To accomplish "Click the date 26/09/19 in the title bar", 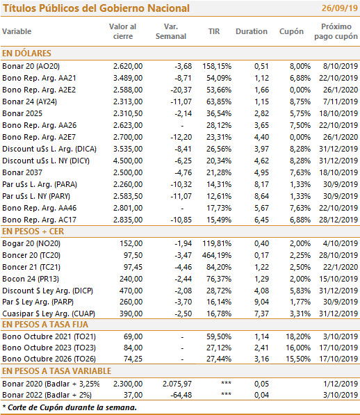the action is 340,8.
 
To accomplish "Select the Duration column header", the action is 252,31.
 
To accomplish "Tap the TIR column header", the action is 214,31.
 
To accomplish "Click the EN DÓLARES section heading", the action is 26,54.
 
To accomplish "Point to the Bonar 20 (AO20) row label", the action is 31,66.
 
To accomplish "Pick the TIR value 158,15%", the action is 217,66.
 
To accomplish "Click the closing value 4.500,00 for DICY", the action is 128,161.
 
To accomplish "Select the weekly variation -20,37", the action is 181,90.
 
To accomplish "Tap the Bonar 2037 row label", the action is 22,172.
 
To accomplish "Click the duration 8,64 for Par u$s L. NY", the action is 261,196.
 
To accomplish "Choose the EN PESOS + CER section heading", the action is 33,231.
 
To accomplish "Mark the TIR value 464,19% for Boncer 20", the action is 217,255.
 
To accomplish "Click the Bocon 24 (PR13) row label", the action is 31,279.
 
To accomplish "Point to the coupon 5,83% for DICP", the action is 300,291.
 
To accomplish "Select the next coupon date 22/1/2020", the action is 341,267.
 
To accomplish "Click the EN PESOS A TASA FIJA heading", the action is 45,325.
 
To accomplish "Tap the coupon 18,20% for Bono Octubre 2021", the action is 298,336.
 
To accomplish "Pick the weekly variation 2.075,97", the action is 177,384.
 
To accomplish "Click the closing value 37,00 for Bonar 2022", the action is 133,395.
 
